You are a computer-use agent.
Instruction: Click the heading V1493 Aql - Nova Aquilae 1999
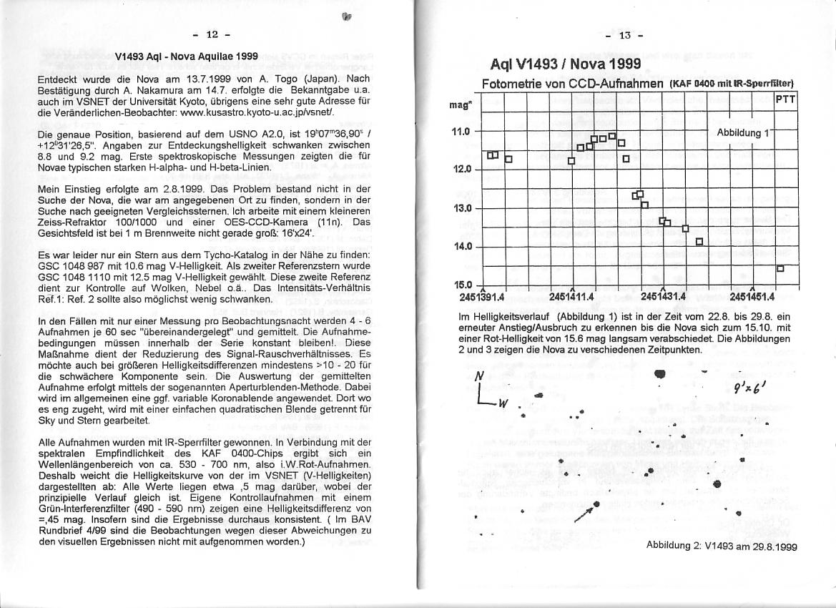coord(187,56)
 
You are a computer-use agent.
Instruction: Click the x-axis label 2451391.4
coord(483,296)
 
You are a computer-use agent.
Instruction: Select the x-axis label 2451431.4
coord(664,296)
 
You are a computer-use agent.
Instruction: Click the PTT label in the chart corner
coord(785,99)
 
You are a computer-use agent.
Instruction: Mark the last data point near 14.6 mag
coord(781,268)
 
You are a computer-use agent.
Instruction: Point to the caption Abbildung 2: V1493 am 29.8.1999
coord(721,546)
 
